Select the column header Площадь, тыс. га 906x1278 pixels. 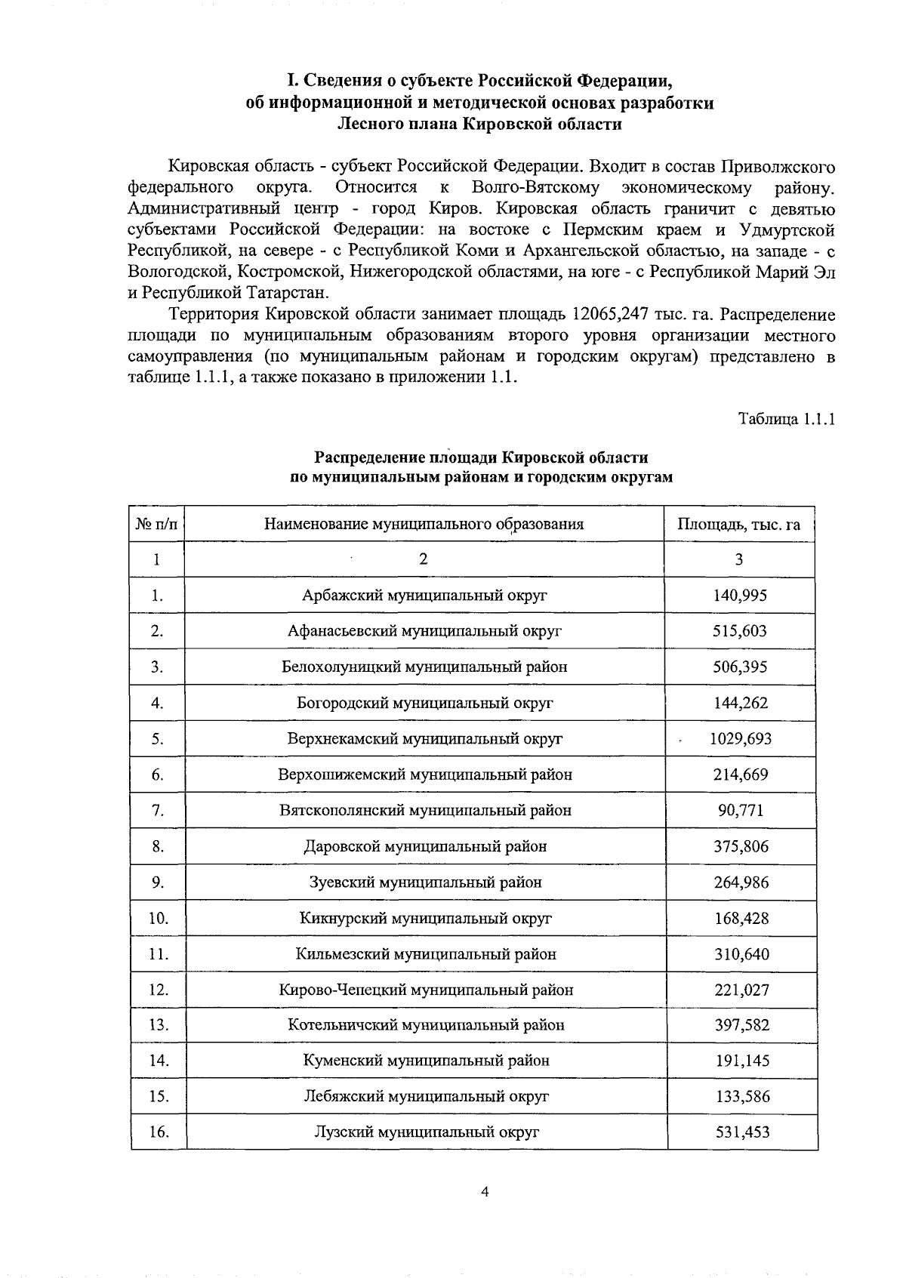(x=739, y=524)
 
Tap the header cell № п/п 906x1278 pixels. (x=157, y=524)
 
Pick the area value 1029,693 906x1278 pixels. (x=740, y=739)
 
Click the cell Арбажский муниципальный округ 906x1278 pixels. (x=424, y=596)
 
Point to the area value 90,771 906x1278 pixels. (x=740, y=811)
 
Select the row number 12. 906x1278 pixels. (x=158, y=990)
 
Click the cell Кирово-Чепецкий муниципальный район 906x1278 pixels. (x=426, y=990)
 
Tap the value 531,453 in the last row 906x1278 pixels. (x=741, y=1132)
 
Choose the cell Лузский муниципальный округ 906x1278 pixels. (x=427, y=1132)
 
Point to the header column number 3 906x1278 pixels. (x=739, y=559)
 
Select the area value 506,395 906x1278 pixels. (x=740, y=667)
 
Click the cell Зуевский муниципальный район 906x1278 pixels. (x=425, y=882)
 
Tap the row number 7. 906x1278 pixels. (x=157, y=811)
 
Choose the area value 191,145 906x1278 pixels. (x=741, y=1061)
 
